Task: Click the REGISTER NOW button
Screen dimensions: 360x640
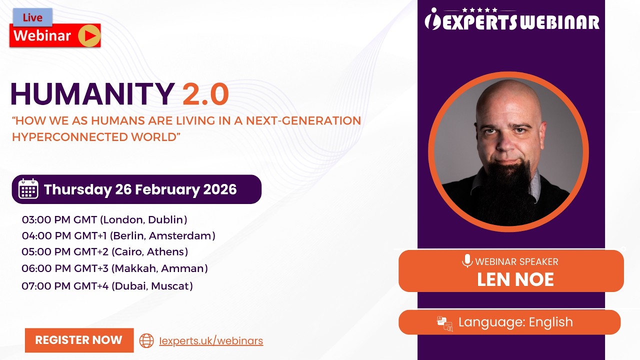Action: click(79, 340)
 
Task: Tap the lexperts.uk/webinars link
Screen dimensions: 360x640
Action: click(211, 341)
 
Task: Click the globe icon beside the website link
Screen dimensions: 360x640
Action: click(146, 340)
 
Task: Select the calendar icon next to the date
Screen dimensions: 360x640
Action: click(28, 189)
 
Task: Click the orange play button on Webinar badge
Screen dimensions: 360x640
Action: click(89, 35)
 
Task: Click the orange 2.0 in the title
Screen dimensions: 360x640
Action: click(205, 94)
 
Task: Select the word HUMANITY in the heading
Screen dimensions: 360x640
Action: click(92, 94)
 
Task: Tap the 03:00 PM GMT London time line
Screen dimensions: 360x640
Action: click(104, 219)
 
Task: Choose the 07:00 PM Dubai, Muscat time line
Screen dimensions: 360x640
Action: click(107, 286)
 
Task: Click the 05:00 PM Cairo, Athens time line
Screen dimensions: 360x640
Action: click(105, 251)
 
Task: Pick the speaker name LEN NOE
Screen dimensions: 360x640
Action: click(515, 279)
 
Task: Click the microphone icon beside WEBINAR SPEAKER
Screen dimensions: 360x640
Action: click(467, 261)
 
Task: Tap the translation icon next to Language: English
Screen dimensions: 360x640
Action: click(444, 323)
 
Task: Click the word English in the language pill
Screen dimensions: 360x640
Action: click(551, 322)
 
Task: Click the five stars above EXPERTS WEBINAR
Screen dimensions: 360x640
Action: click(479, 9)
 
